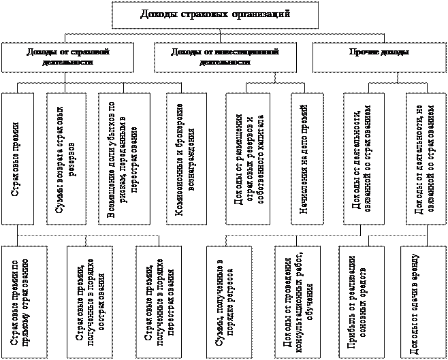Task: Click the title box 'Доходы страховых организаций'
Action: point(214,14)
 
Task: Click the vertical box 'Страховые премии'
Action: point(16,158)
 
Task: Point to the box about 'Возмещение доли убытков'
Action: point(124,158)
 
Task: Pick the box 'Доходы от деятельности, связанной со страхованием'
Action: point(361,158)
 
